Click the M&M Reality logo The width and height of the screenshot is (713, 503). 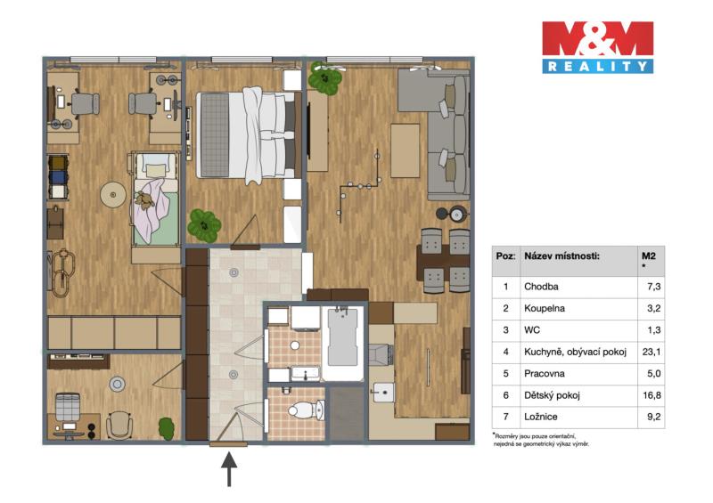point(597,47)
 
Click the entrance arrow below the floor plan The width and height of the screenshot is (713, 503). point(229,469)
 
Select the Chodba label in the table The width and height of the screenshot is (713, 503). point(541,287)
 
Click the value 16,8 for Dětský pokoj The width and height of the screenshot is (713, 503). point(652,395)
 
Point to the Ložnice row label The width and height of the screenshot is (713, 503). point(541,417)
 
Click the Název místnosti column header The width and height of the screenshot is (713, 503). point(562,256)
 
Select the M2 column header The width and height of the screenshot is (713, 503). point(649,256)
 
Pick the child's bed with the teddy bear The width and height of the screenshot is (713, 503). point(154,199)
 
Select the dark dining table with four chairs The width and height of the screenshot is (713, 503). point(444,261)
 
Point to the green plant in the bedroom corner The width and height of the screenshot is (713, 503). point(204,225)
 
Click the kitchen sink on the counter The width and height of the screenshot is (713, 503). point(383,392)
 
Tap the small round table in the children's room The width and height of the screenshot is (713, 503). point(113,195)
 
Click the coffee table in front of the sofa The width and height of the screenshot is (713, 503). point(405,150)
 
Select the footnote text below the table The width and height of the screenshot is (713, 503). point(541,440)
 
